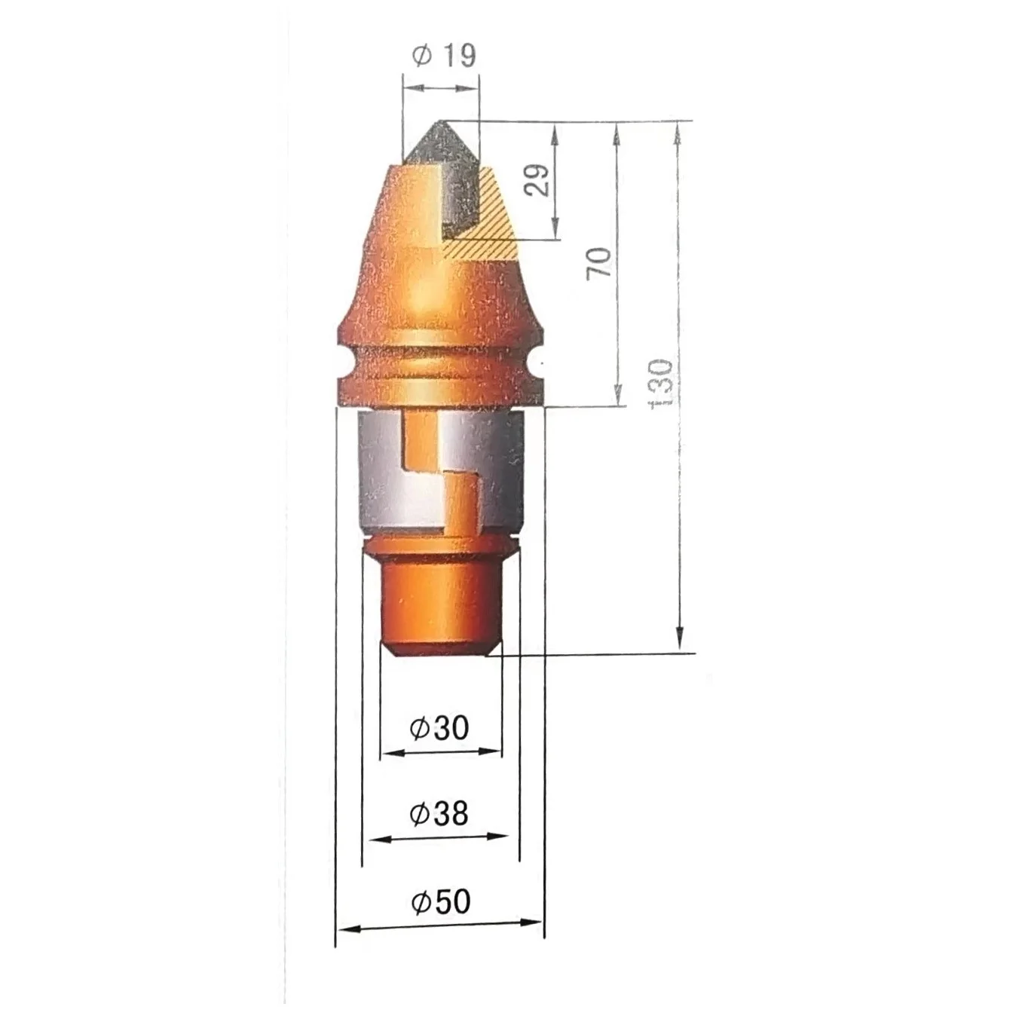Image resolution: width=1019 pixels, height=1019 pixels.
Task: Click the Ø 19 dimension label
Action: [x=444, y=55]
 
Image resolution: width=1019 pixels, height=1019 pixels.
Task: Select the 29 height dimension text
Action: [x=537, y=180]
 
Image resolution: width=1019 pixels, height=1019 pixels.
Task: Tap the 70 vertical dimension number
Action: [x=600, y=263]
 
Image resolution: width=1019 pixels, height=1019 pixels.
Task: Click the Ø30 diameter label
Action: [x=439, y=728]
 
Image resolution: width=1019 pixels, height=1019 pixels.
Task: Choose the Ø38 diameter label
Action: [x=439, y=814]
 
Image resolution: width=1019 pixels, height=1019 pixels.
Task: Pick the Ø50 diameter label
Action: [x=441, y=901]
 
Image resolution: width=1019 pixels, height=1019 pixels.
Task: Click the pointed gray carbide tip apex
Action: [x=439, y=122]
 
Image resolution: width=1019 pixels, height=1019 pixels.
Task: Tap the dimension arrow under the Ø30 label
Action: [x=441, y=751]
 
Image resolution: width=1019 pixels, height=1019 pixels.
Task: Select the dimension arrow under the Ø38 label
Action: [x=441, y=837]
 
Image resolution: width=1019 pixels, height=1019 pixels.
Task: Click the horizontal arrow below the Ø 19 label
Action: [x=441, y=88]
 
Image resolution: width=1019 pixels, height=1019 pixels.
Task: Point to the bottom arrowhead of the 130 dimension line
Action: [x=679, y=641]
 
